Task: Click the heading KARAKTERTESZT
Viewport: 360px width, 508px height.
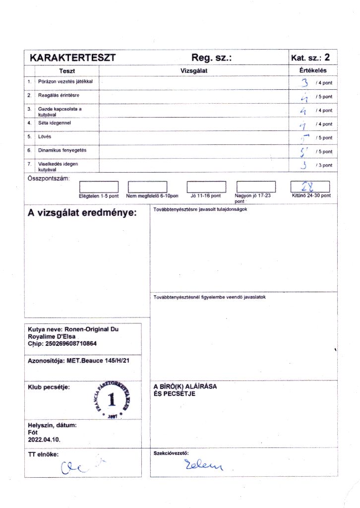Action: point(72,58)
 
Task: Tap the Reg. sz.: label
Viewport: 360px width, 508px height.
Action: point(212,58)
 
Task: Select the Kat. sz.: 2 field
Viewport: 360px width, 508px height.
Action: point(310,58)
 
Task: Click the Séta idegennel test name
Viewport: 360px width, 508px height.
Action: point(54,122)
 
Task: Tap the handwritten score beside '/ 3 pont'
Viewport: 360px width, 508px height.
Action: point(303,165)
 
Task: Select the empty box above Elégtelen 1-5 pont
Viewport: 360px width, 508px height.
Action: point(99,187)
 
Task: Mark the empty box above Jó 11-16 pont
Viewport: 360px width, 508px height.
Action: point(206,187)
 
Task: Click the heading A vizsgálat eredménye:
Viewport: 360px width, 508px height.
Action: point(82,214)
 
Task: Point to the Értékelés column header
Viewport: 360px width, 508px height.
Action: point(313,70)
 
